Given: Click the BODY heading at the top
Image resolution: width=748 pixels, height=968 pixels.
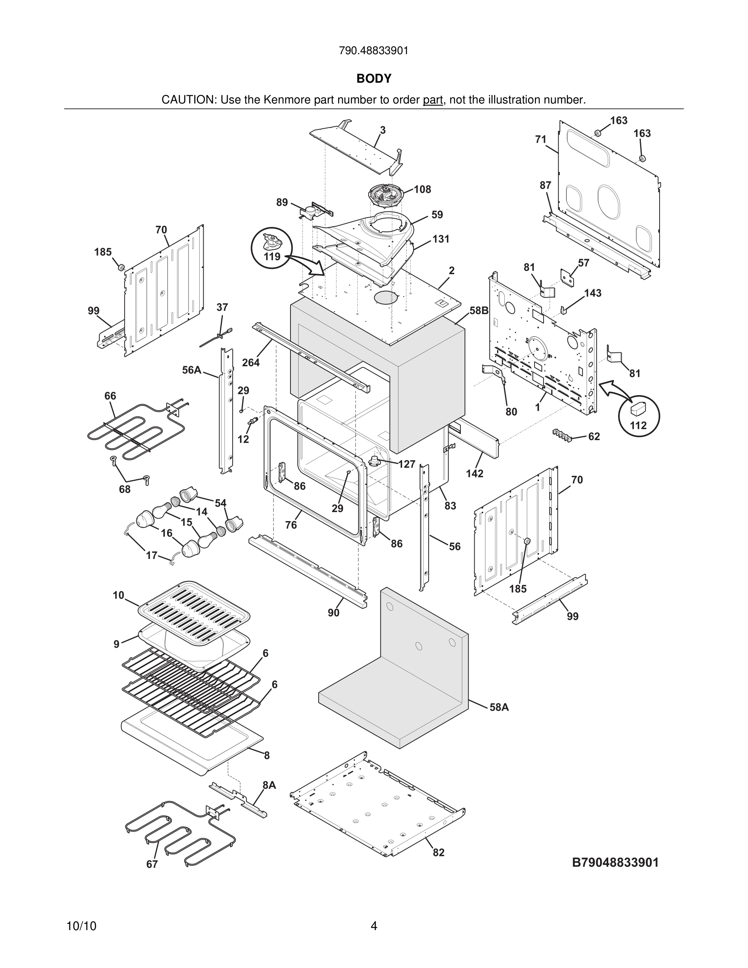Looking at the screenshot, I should click(374, 79).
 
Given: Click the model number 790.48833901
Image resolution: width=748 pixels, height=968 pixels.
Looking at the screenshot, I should click(374, 51).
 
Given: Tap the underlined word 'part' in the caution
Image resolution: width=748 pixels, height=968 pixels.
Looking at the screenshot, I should click(433, 100).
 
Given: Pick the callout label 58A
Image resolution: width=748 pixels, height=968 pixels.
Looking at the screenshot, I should click(499, 707).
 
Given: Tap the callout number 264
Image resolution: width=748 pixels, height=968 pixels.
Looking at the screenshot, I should click(251, 363).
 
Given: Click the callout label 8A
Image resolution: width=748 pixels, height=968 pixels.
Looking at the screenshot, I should click(269, 785).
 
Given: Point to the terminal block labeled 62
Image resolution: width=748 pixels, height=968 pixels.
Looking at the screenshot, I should click(562, 434).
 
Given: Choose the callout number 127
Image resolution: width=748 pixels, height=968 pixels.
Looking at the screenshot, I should click(406, 464).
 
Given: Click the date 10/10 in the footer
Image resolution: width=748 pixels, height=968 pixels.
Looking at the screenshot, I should click(81, 926).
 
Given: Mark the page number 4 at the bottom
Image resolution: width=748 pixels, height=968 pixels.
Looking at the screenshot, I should click(374, 926).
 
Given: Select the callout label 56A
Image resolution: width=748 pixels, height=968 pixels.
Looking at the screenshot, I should click(191, 370).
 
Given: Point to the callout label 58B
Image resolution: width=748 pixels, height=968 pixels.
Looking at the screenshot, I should click(479, 311).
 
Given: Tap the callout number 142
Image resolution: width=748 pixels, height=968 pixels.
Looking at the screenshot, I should click(474, 473).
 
